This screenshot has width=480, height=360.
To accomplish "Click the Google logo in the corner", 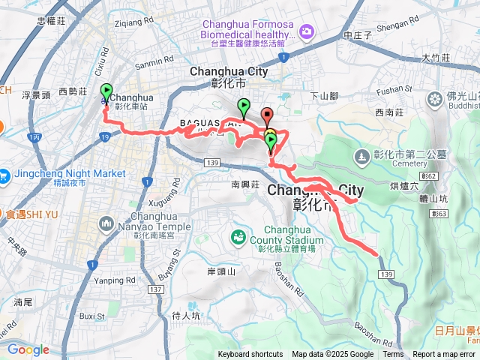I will pos(28,349).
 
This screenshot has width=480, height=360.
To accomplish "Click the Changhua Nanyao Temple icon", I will pos(105,223).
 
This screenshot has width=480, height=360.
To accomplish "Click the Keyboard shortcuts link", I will pos(250,355).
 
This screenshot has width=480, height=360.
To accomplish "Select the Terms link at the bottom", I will pos(393,355).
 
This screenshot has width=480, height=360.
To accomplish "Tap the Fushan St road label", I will pos(396,90).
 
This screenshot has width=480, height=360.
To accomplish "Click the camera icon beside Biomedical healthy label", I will pos(306,31).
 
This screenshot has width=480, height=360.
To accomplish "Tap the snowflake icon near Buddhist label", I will pos(435,99).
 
